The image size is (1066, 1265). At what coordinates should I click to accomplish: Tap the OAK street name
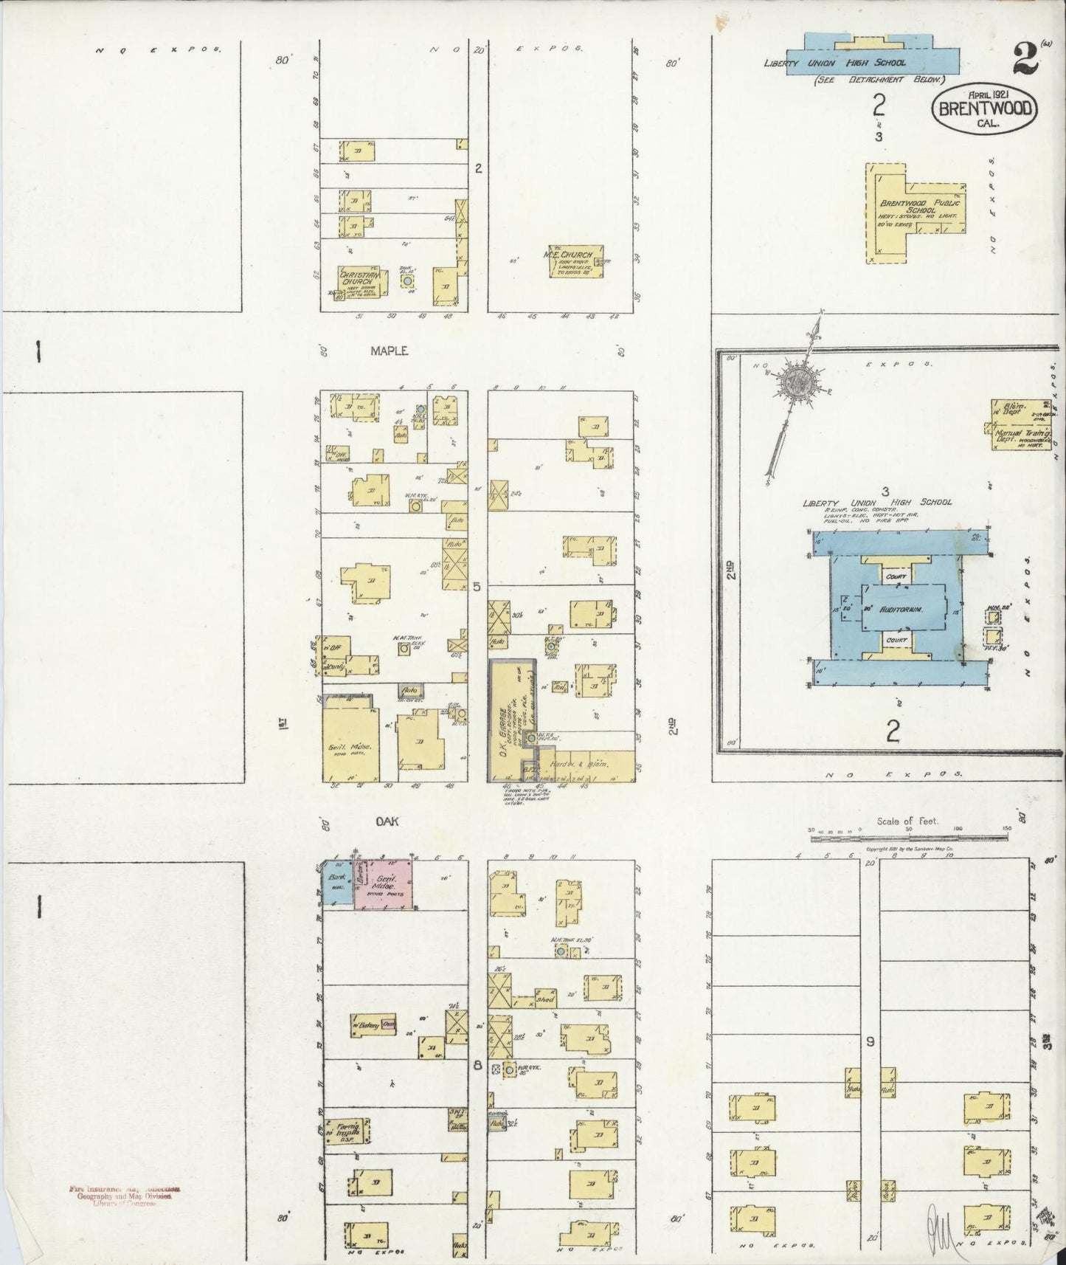pyautogui.click(x=384, y=820)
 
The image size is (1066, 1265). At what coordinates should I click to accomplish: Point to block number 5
pyautogui.click(x=477, y=586)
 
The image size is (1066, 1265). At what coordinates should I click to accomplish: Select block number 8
pyautogui.click(x=477, y=1065)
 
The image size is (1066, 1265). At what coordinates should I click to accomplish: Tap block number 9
pyautogui.click(x=870, y=1041)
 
